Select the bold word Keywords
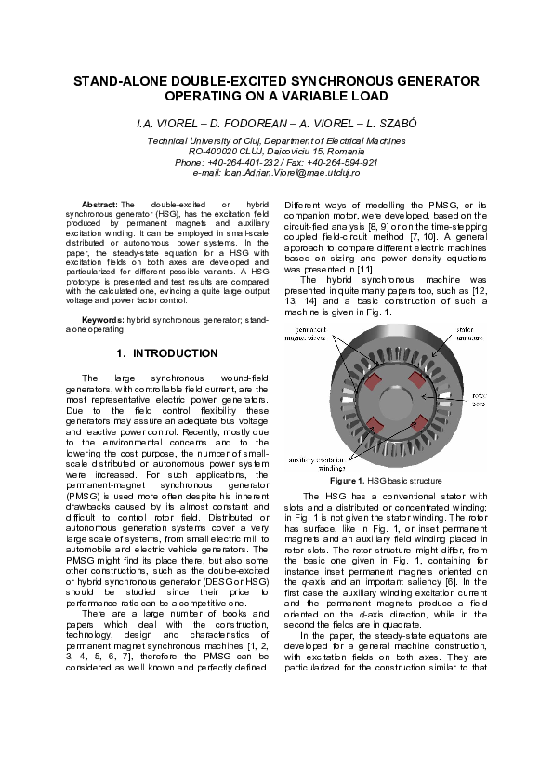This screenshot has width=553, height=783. [x=102, y=319]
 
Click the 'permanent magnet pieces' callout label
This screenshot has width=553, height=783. [x=317, y=359]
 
